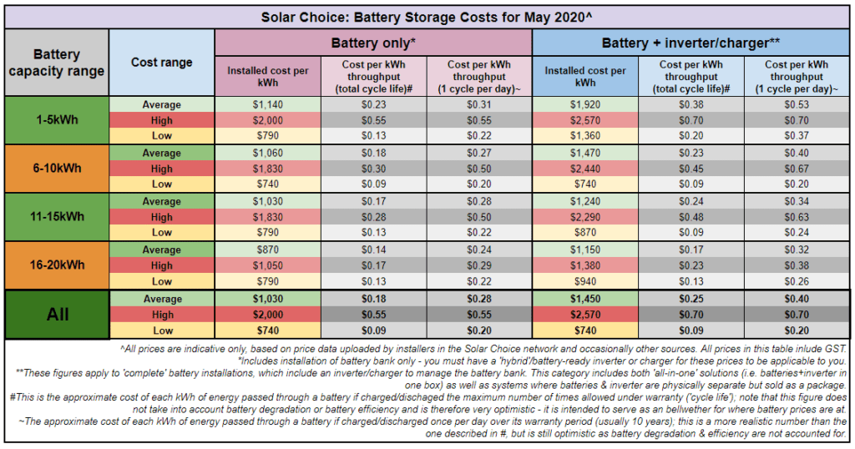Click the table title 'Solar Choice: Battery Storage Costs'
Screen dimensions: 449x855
click(x=427, y=16)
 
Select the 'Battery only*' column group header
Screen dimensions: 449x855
click(x=373, y=42)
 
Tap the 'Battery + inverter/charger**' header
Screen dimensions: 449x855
click(x=691, y=42)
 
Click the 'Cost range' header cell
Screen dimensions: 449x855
click(x=161, y=63)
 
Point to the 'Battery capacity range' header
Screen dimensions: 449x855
click(x=57, y=63)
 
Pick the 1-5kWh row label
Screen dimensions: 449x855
click(x=57, y=120)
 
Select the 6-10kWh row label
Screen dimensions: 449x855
click(x=57, y=169)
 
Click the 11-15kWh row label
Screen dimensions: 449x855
click(x=57, y=217)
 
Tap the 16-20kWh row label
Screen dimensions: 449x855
click(x=57, y=265)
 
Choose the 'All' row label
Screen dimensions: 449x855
click(x=57, y=315)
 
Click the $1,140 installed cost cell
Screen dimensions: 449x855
click(x=268, y=104)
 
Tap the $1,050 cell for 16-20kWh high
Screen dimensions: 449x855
click(x=268, y=265)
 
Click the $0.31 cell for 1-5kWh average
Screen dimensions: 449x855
click(x=479, y=104)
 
